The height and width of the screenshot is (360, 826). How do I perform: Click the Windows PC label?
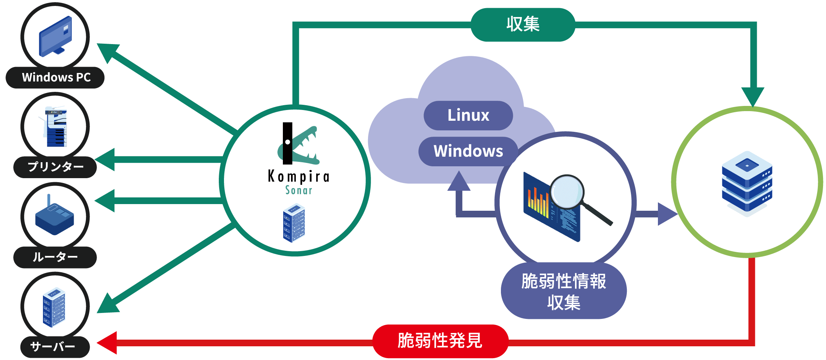pyautogui.click(x=56, y=77)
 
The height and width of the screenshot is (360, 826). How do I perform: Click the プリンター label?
pyautogui.click(x=56, y=167)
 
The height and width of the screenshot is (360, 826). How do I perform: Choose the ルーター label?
pyautogui.click(x=55, y=257)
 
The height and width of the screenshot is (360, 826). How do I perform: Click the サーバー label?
pyautogui.click(x=54, y=347)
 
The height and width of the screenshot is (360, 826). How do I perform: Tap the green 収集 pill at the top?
pyautogui.click(x=523, y=24)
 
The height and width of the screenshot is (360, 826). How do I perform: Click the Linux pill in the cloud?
pyautogui.click(x=468, y=115)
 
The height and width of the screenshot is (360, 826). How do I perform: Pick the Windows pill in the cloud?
pyautogui.click(x=468, y=151)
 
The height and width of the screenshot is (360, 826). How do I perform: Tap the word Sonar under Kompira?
pyautogui.click(x=298, y=190)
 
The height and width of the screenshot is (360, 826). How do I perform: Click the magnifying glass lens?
pyautogui.click(x=567, y=191)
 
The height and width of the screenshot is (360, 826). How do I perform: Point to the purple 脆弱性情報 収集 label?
pyautogui.click(x=564, y=291)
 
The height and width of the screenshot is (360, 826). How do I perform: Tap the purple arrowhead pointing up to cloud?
pyautogui.click(x=459, y=181)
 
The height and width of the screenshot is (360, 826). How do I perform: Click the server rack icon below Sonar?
pyautogui.click(x=294, y=223)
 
